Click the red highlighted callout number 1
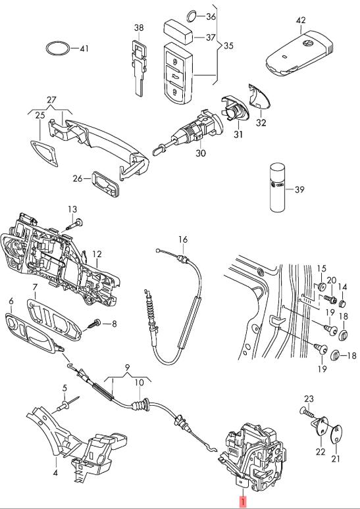pyautogui.click(x=243, y=502)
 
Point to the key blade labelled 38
pyautogui.click(x=140, y=68)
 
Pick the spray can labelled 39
pyautogui.click(x=278, y=187)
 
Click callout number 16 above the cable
pyautogui.click(x=183, y=239)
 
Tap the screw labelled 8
pyautogui.click(x=93, y=324)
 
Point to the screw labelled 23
pyautogui.click(x=307, y=412)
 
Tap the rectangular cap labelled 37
pyautogui.click(x=179, y=32)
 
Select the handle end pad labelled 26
pyautogui.click(x=105, y=183)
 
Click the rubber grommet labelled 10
pyautogui.click(x=140, y=406)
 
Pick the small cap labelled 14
pyautogui.click(x=342, y=304)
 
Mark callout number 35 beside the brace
pyautogui.click(x=229, y=45)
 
